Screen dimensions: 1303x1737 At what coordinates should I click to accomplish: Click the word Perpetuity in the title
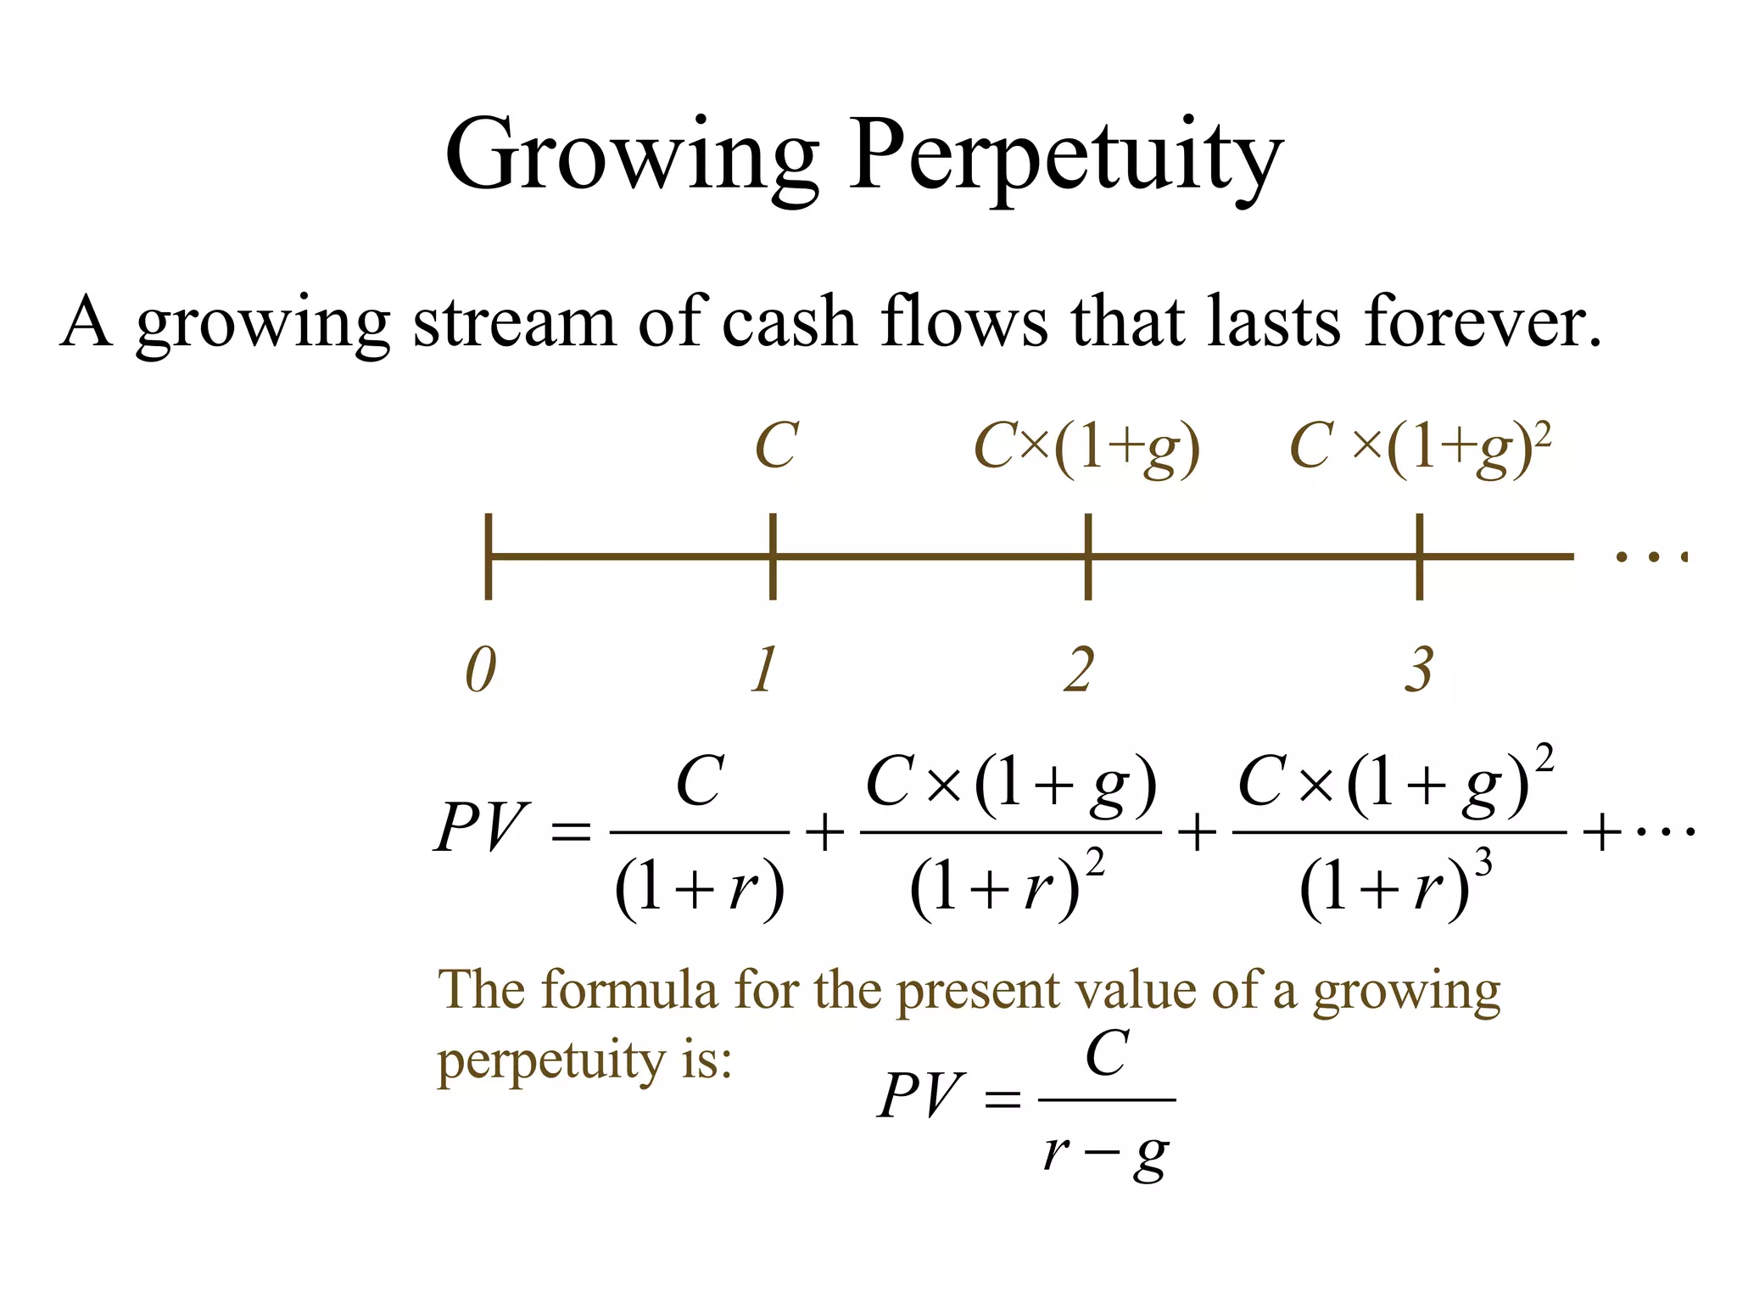pyautogui.click(x=1067, y=157)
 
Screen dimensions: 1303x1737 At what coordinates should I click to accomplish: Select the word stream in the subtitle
pyautogui.click(x=514, y=322)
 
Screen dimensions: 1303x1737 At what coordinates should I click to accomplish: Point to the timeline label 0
pyautogui.click(x=481, y=670)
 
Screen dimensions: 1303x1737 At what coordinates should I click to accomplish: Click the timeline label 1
pyautogui.click(x=765, y=670)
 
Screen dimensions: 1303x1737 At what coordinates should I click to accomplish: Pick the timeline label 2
pyautogui.click(x=1080, y=670)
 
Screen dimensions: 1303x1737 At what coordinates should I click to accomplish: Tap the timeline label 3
pyautogui.click(x=1419, y=670)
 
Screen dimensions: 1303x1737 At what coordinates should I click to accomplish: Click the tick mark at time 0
pyautogui.click(x=489, y=556)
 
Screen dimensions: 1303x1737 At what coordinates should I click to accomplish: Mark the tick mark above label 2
pyautogui.click(x=1088, y=556)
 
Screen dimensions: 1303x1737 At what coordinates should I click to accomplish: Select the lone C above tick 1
pyautogui.click(x=776, y=446)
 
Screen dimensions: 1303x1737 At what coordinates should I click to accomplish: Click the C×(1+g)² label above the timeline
pyautogui.click(x=1420, y=448)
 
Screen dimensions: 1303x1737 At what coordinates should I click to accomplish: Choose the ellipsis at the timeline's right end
pyautogui.click(x=1651, y=557)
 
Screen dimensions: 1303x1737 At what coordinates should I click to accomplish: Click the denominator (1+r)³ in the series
pyautogui.click(x=1395, y=886)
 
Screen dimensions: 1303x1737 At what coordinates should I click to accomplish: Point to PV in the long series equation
pyautogui.click(x=481, y=827)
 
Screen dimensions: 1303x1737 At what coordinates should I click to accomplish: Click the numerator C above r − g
pyautogui.click(x=1107, y=1054)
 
